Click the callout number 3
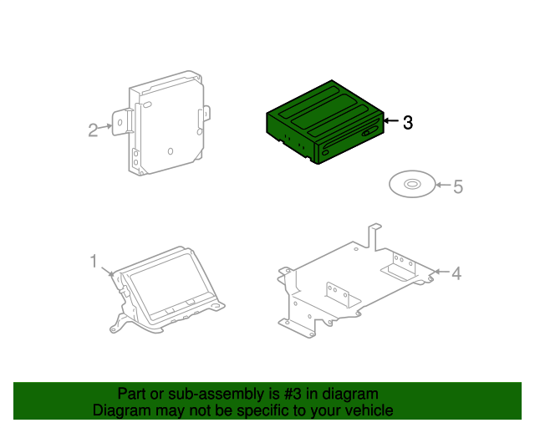(x=407, y=123)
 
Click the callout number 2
(x=94, y=129)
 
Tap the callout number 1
(x=94, y=262)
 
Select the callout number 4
(x=456, y=273)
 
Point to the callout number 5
(x=457, y=186)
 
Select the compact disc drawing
(x=412, y=183)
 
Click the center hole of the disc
(x=412, y=183)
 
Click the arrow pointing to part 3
(x=390, y=122)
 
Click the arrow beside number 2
(x=107, y=127)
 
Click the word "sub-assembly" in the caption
(x=192, y=394)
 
